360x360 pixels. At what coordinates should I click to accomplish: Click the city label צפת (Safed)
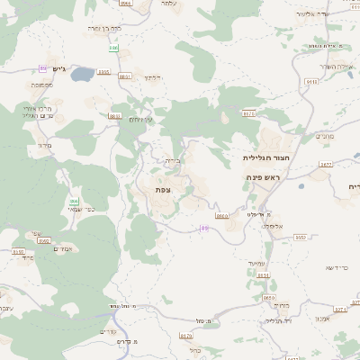(163, 190)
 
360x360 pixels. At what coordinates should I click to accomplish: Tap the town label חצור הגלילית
(261, 157)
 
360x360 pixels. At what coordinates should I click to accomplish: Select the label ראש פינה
(265, 178)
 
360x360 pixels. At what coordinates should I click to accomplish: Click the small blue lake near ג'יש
(82, 73)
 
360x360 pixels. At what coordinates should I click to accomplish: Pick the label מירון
(46, 145)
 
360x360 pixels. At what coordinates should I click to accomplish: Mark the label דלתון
(151, 77)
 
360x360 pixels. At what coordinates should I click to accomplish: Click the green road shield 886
(44, 68)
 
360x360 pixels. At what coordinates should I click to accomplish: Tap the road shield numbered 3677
(326, 164)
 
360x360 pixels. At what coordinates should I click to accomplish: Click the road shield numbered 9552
(301, 237)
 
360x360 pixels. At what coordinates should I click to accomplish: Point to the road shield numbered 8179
(185, 335)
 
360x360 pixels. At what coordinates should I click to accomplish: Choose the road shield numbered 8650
(268, 297)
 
